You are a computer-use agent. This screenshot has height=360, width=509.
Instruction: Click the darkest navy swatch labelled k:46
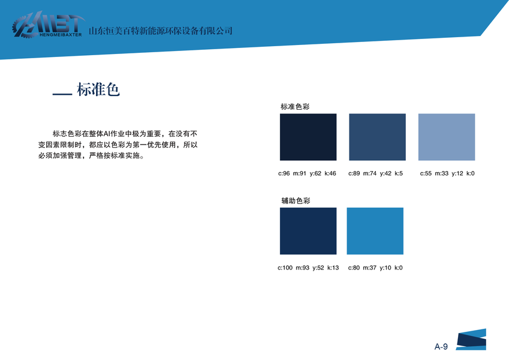[x=308, y=137]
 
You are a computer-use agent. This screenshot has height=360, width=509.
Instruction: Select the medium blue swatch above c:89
[x=377, y=137]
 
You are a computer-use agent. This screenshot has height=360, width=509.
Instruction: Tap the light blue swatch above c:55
[x=446, y=137]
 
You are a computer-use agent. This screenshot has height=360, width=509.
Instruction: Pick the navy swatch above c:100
[x=308, y=231]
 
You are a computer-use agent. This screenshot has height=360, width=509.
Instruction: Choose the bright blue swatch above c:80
[x=375, y=231]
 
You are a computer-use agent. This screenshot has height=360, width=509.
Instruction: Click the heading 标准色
[x=98, y=89]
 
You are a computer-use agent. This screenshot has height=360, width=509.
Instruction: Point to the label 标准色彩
[x=295, y=107]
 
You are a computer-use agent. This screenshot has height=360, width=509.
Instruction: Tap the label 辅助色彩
[x=296, y=201]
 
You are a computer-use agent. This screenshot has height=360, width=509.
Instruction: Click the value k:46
[x=330, y=173]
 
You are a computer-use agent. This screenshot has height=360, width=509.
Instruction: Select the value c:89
[x=354, y=173]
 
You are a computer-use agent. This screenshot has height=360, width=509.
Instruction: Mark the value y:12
[x=457, y=173]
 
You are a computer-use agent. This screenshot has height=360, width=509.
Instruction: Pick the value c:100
[x=285, y=268]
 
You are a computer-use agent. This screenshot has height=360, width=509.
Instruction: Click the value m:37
[x=369, y=268]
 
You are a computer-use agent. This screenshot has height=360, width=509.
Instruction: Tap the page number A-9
[x=441, y=347]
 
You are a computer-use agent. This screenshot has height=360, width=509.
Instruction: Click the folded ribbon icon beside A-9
[x=471, y=340]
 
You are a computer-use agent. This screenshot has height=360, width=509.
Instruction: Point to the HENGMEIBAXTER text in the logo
[x=61, y=35]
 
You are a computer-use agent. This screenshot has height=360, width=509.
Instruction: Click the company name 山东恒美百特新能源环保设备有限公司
[x=160, y=31]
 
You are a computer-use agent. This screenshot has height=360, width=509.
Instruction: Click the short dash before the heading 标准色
[x=62, y=95]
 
